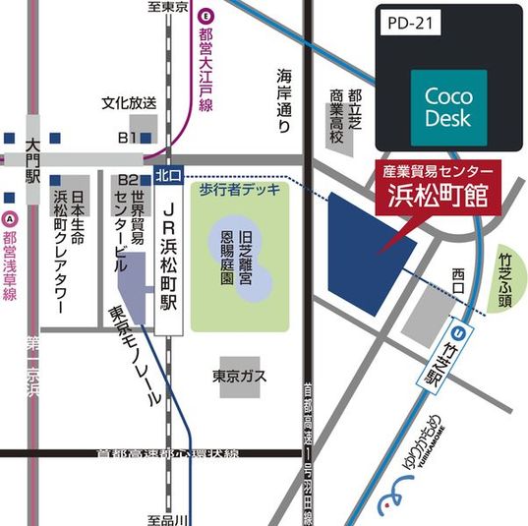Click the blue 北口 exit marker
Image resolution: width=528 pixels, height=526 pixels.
coord(167,175)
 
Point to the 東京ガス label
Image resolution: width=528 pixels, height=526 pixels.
coord(240,376)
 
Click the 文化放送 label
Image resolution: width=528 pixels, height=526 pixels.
coord(129,102)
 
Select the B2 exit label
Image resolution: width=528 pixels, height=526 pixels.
coord(128,181)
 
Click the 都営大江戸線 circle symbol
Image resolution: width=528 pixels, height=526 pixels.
coord(205,16)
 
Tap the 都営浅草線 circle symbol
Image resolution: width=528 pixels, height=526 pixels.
coord(10,218)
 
